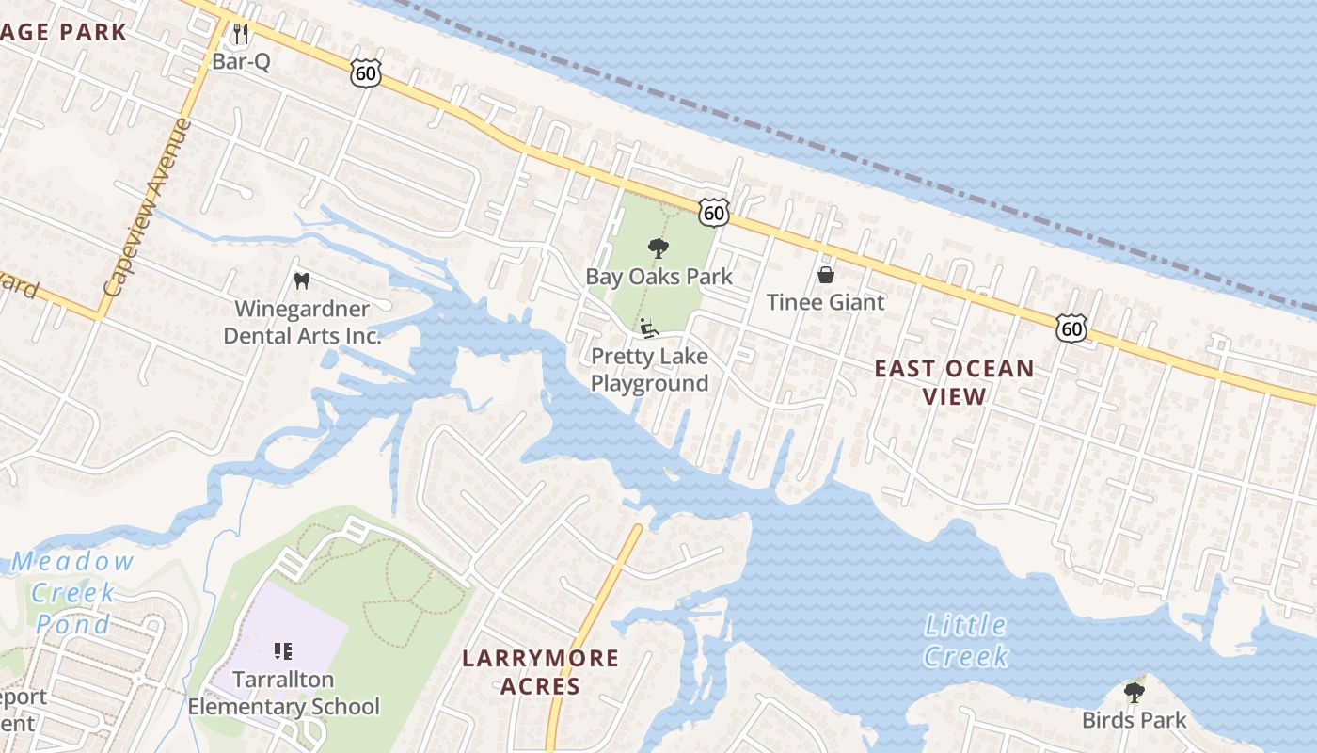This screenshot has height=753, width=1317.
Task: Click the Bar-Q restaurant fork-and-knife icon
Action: (241, 35)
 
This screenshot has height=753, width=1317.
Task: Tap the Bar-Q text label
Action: (241, 61)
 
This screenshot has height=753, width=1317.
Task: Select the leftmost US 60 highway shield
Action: (366, 73)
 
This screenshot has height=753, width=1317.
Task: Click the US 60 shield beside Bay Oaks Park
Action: (714, 213)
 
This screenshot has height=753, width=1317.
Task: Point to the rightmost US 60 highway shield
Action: (1071, 327)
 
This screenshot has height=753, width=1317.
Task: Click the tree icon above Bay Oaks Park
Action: (658, 249)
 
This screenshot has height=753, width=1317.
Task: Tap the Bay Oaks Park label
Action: (658, 277)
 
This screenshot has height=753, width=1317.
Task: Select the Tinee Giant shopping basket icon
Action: (825, 275)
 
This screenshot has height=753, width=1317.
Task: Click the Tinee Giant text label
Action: (825, 302)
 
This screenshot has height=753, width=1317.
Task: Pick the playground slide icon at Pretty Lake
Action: (649, 328)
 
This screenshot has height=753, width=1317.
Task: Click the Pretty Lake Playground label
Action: (649, 370)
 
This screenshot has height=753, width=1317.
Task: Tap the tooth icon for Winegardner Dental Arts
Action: (302, 280)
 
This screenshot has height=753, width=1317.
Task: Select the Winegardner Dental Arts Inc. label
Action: (302, 322)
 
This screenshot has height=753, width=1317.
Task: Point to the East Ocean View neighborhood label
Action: (954, 381)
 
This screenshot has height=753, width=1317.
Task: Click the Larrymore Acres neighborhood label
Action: (540, 671)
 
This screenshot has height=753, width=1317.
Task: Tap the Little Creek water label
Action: (966, 640)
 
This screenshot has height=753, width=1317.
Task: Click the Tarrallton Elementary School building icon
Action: (283, 650)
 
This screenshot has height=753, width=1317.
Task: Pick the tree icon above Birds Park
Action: (1134, 693)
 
